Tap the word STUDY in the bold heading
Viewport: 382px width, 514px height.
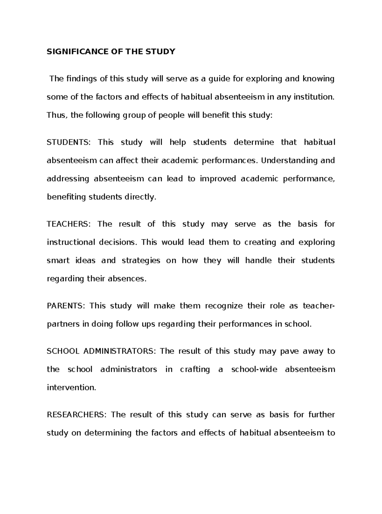pyautogui.click(x=162, y=52)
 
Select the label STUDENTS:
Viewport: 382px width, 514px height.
pyautogui.click(x=68, y=142)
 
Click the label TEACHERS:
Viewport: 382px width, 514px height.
pyautogui.click(x=68, y=224)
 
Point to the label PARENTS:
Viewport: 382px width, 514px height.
pyautogui.click(x=66, y=306)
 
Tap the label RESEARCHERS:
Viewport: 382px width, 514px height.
pyautogui.click(x=75, y=415)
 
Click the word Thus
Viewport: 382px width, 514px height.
pyautogui.click(x=56, y=115)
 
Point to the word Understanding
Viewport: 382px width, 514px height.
pyautogui.click(x=289, y=160)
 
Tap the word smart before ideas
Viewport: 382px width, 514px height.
pyautogui.click(x=58, y=261)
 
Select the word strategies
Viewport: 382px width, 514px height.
pyautogui.click(x=141, y=261)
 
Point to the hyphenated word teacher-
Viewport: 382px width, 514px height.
pyautogui.click(x=319, y=306)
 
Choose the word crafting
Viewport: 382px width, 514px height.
pyautogui.click(x=195, y=370)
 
